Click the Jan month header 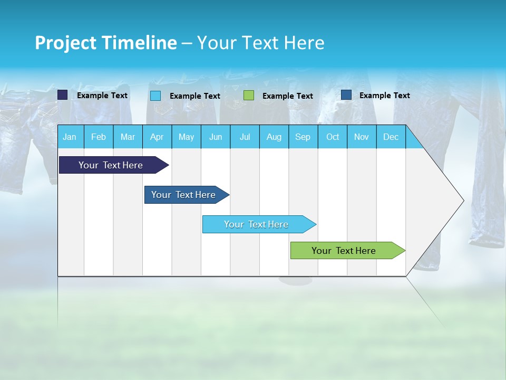(x=70, y=137)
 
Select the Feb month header (x=99, y=137)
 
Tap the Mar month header (x=128, y=137)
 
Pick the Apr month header (x=157, y=137)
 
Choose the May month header (x=186, y=137)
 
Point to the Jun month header (x=216, y=137)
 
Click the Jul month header (x=245, y=137)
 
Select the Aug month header (x=274, y=137)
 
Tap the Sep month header (x=303, y=137)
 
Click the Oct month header (x=333, y=137)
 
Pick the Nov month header (x=362, y=137)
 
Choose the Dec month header (x=391, y=137)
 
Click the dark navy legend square (x=63, y=95)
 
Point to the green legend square (x=249, y=96)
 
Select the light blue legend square (x=155, y=96)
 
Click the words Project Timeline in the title (x=106, y=43)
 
